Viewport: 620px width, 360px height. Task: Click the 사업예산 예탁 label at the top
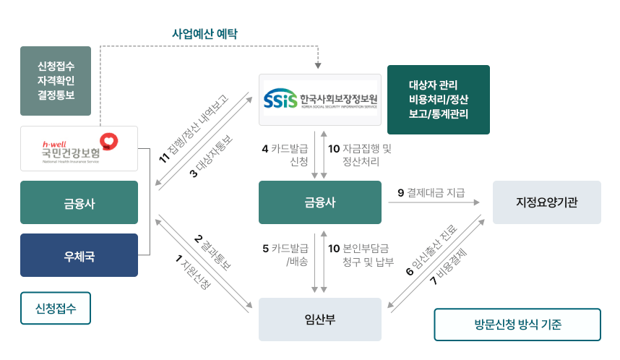[x=204, y=33]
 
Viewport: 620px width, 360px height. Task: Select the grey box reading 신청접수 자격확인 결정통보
[x=56, y=81]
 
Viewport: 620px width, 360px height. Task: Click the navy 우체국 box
[x=79, y=255]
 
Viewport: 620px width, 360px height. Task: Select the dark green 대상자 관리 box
[x=438, y=100]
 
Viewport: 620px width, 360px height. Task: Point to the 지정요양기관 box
[x=546, y=202]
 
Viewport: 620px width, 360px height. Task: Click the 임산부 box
[x=319, y=320]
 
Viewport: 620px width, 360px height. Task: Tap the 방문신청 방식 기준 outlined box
[x=517, y=325]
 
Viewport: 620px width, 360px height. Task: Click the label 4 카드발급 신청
[x=285, y=155]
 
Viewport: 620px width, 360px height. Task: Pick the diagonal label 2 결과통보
[x=212, y=252]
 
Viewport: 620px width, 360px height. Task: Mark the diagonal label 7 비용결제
[x=449, y=270]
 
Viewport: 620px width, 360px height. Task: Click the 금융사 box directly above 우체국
[x=79, y=202]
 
